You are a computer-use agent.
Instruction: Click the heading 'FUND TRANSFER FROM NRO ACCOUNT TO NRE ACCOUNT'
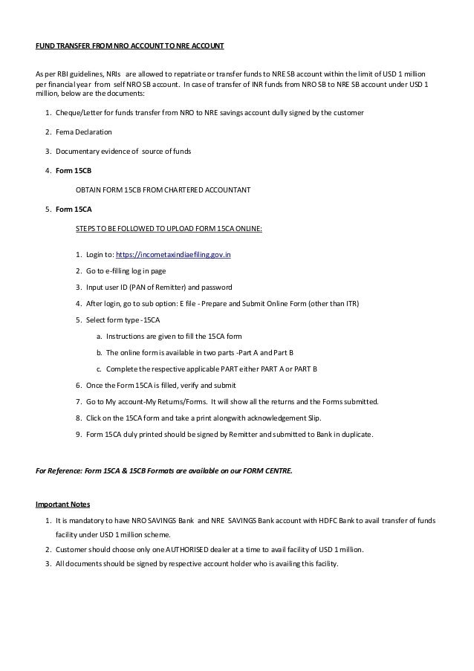pos(130,46)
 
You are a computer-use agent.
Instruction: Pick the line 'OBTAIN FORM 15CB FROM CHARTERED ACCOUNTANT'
pos(163,189)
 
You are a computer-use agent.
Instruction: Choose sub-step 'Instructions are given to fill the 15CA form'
pos(179,336)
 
